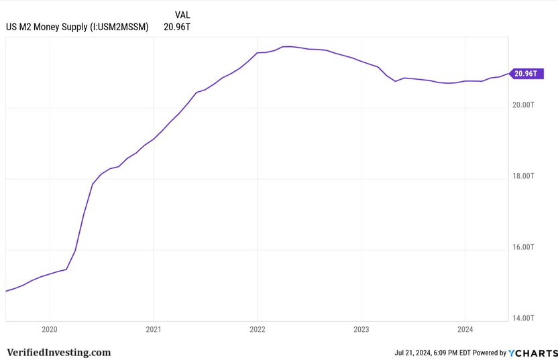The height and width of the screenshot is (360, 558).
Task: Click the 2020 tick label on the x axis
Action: pos(50,329)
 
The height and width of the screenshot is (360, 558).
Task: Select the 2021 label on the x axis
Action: pos(154,329)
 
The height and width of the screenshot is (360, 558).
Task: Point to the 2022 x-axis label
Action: pos(258,329)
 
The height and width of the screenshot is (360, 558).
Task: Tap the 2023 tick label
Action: pos(361,329)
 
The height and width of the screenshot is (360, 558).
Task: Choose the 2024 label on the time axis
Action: pos(465,329)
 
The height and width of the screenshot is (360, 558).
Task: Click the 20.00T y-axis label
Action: pos(522,105)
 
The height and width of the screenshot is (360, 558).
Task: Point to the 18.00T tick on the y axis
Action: pos(522,176)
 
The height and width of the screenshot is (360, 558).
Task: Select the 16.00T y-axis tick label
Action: pos(522,247)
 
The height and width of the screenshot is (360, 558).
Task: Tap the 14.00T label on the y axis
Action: pos(522,318)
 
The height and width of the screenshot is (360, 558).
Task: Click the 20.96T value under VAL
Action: pos(177,27)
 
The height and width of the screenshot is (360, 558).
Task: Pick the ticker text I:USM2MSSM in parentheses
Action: pos(119,27)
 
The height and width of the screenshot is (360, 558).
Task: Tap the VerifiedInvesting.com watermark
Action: pos(59,352)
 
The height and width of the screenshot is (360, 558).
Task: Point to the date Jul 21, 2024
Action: pos(415,353)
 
